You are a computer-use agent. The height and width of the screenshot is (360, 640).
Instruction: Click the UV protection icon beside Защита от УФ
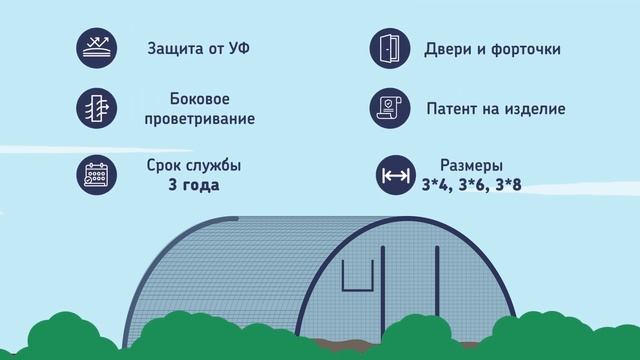[96, 48]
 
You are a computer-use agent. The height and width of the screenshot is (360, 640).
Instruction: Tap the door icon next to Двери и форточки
[390, 48]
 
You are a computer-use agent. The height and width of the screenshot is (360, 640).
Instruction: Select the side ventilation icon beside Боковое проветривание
[96, 109]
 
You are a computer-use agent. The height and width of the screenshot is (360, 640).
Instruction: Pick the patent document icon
[390, 109]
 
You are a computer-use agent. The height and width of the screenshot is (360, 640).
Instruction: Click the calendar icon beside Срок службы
[96, 175]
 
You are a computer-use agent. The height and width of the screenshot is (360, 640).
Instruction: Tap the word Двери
[449, 48]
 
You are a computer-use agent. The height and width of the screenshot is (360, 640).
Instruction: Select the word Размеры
[472, 165]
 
